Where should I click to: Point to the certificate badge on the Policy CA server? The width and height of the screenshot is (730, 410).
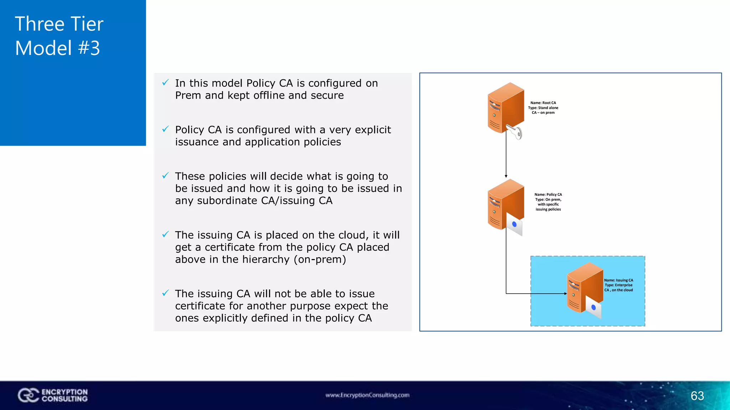tap(514, 225)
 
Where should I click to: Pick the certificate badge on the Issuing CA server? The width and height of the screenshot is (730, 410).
tap(593, 307)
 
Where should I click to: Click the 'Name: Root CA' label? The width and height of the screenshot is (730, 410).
tap(543, 103)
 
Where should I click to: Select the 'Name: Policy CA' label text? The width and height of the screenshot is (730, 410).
tap(548, 195)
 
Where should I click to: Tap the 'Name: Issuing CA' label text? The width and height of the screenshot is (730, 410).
tap(619, 280)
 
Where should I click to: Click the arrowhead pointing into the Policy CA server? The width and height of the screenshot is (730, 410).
tap(506, 176)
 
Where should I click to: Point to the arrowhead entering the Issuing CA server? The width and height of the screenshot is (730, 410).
tap(565, 294)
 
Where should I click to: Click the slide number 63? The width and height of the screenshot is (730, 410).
tap(697, 396)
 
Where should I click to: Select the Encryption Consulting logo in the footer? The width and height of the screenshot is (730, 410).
tap(53, 395)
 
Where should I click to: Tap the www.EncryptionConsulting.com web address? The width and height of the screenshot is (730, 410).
tap(367, 395)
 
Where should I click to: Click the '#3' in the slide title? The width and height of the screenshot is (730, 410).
tap(89, 48)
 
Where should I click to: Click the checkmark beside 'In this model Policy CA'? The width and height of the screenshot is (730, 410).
tap(165, 83)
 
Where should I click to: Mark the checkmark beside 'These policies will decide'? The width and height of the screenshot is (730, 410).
tap(165, 175)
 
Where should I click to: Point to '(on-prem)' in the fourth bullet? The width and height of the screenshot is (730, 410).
tap(320, 259)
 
